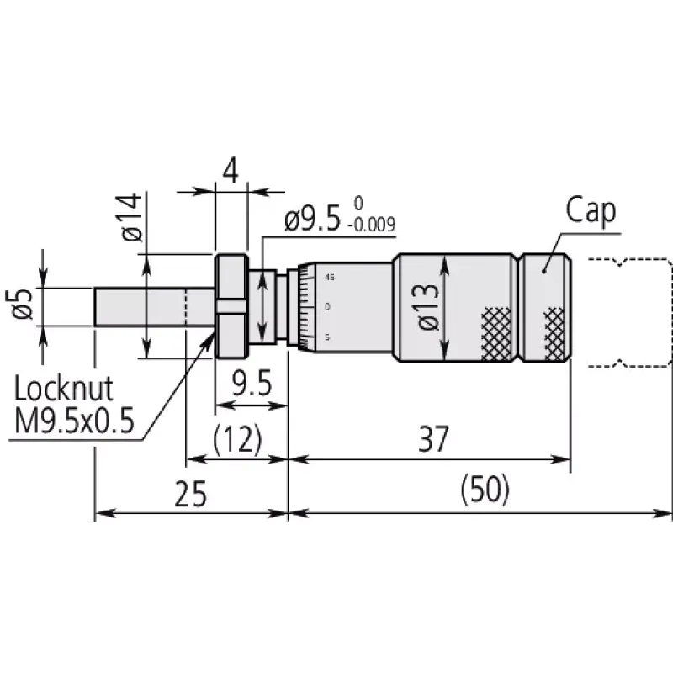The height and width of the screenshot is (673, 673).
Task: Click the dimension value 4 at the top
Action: (x=231, y=171)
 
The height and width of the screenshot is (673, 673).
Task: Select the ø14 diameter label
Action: (x=131, y=217)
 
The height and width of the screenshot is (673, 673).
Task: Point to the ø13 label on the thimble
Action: (x=428, y=307)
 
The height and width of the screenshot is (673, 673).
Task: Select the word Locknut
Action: (x=64, y=389)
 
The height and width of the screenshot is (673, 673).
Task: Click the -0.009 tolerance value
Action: (x=372, y=225)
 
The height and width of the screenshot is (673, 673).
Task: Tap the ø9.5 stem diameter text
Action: (x=312, y=219)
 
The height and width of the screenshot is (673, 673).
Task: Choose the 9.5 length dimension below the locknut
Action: (x=252, y=384)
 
